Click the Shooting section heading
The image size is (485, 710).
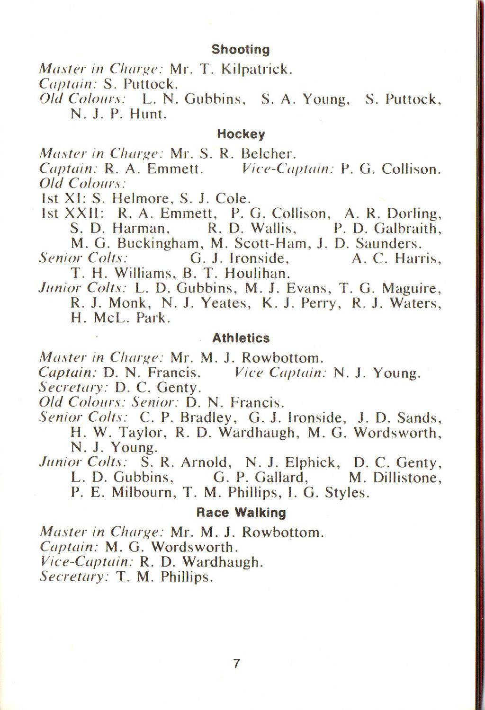click(240, 50)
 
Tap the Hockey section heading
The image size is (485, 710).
click(241, 134)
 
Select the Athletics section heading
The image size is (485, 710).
click(241, 338)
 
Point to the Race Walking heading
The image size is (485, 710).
click(241, 513)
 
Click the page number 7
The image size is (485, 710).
click(237, 664)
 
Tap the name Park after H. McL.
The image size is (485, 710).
click(153, 318)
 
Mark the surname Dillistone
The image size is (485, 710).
click(407, 478)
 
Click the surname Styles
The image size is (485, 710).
click(347, 493)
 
